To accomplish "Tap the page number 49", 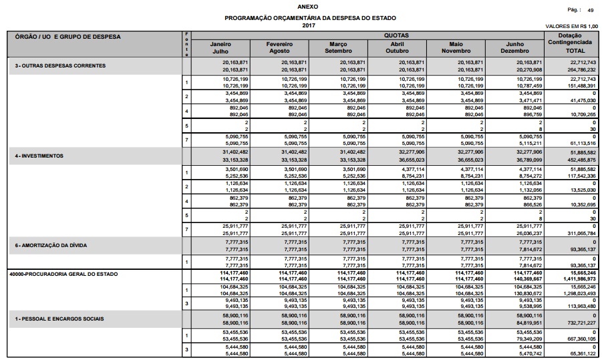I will (591, 11).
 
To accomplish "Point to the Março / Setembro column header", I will (339, 47).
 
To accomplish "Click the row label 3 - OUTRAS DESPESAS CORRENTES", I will (61, 65).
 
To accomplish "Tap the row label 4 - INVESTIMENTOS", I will (39, 156).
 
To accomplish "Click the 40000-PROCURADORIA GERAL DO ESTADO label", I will (63, 274).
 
